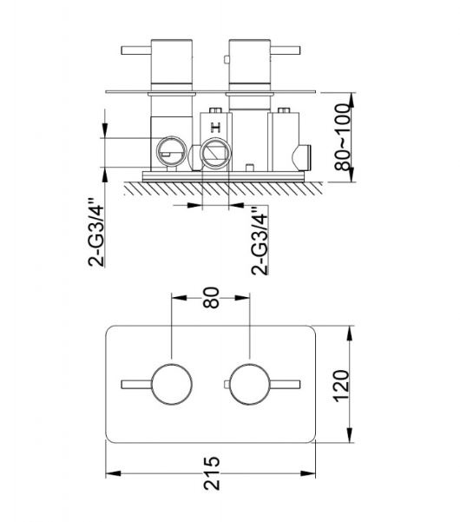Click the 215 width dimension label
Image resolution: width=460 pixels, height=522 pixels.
212,473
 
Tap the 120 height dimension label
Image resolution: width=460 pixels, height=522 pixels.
342,386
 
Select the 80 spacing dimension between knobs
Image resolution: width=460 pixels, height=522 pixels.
211,298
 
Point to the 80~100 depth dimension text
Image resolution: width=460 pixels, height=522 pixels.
342,137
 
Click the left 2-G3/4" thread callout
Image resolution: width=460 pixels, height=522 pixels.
96,233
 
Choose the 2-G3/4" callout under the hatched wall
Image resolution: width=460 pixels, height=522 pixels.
260,241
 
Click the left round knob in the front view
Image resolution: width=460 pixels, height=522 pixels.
172,385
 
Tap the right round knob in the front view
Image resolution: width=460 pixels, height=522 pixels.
250,385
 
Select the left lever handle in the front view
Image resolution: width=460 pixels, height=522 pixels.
137,385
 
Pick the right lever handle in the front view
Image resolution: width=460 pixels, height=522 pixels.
285,385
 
